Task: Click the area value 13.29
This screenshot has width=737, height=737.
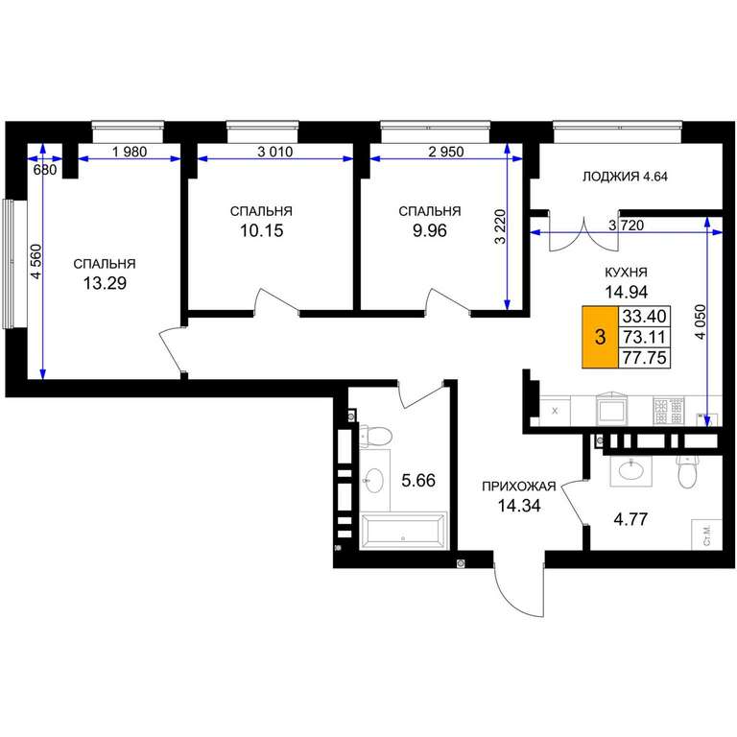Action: [105, 283]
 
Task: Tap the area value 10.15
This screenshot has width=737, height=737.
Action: [262, 230]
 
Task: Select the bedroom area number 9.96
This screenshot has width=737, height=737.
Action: [430, 230]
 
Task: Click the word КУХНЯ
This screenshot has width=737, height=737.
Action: [626, 273]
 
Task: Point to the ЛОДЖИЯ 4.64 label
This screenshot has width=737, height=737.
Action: [625, 177]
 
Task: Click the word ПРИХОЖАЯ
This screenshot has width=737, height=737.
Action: [519, 487]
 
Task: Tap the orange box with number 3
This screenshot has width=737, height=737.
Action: [600, 337]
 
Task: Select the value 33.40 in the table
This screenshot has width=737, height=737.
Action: [645, 317]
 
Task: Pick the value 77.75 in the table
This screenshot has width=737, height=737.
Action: [645, 358]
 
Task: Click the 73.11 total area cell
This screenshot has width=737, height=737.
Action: [645, 337]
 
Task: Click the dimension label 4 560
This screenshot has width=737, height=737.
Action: [36, 262]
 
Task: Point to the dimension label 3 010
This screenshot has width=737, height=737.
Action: [275, 152]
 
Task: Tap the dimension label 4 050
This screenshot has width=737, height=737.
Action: [701, 322]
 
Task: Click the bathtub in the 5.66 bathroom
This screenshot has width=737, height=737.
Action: [403, 531]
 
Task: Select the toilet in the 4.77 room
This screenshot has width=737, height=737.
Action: [686, 471]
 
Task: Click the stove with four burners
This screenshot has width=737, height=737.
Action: [668, 411]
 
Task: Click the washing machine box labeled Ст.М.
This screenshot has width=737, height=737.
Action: [706, 535]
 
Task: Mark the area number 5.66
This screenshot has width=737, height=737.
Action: [418, 481]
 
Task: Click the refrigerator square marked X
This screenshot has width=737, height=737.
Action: [555, 411]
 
